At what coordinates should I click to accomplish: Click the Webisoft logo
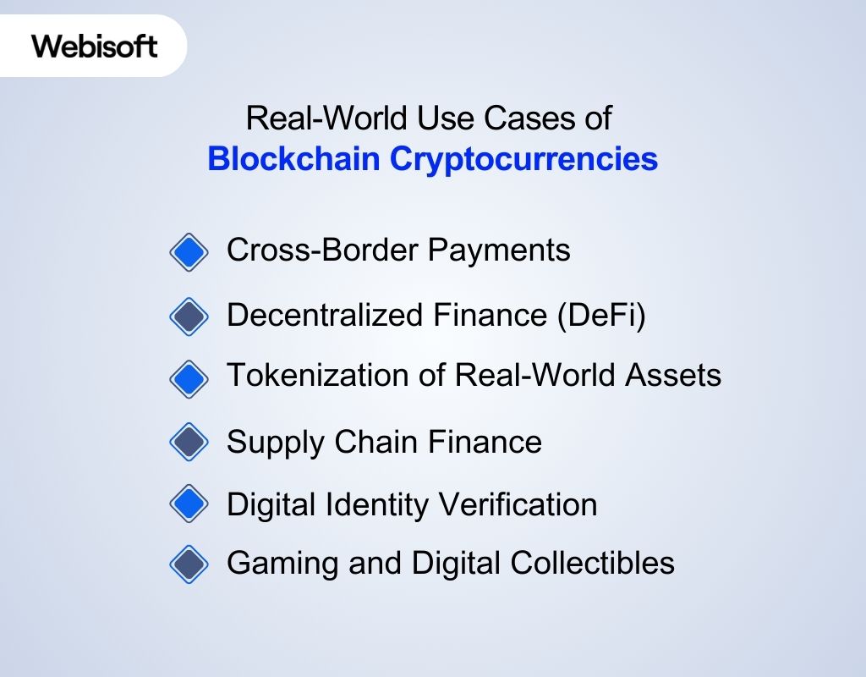[95, 45]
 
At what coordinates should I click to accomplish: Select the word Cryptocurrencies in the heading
[523, 159]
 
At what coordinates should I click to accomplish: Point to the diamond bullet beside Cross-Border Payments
[188, 252]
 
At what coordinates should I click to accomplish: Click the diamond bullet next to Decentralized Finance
[188, 316]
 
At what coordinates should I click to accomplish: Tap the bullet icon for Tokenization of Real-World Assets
[188, 378]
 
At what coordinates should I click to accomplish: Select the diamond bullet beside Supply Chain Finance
[188, 442]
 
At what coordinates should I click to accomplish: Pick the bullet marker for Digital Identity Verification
[188, 505]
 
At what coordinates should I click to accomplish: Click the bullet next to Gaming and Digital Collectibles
[188, 564]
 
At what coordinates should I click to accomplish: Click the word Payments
[498, 250]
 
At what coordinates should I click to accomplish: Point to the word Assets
[673, 375]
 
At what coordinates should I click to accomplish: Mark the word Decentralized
[326, 316]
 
